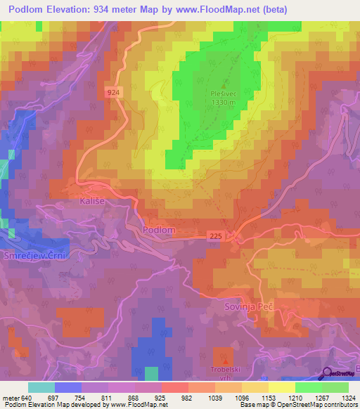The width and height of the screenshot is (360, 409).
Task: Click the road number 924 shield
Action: click(115, 92)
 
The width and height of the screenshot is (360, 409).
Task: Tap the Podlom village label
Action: click(158, 230)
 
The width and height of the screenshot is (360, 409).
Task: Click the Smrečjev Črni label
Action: click(33, 255)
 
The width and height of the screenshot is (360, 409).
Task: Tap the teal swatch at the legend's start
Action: click(41, 387)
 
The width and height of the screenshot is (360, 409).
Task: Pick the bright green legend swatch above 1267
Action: click(308, 387)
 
